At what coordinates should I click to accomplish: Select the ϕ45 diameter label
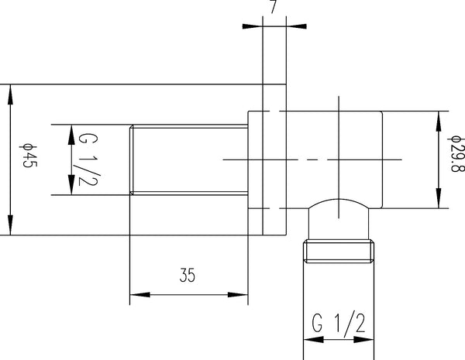(x=26, y=159)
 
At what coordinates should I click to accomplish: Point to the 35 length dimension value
(x=188, y=276)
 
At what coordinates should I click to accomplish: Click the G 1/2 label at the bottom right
(x=338, y=321)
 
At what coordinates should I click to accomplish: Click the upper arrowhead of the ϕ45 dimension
(x=10, y=92)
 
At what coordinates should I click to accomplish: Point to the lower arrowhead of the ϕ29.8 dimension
(x=439, y=201)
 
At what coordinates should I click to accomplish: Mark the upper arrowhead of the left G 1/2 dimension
(x=71, y=132)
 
